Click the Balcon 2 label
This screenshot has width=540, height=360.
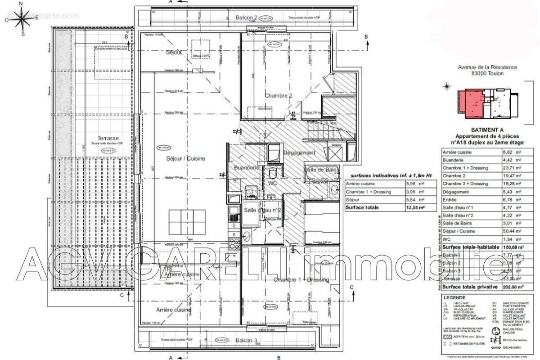tap(247, 18)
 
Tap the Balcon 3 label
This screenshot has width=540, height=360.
tap(246, 341)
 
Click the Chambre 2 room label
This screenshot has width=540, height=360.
tap(279, 95)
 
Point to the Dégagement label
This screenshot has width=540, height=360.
tap(299, 153)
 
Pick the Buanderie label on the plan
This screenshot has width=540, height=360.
tap(247, 167)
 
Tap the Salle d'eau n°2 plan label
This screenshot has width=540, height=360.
tap(263, 210)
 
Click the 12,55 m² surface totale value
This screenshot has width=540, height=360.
tap(415, 208)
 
